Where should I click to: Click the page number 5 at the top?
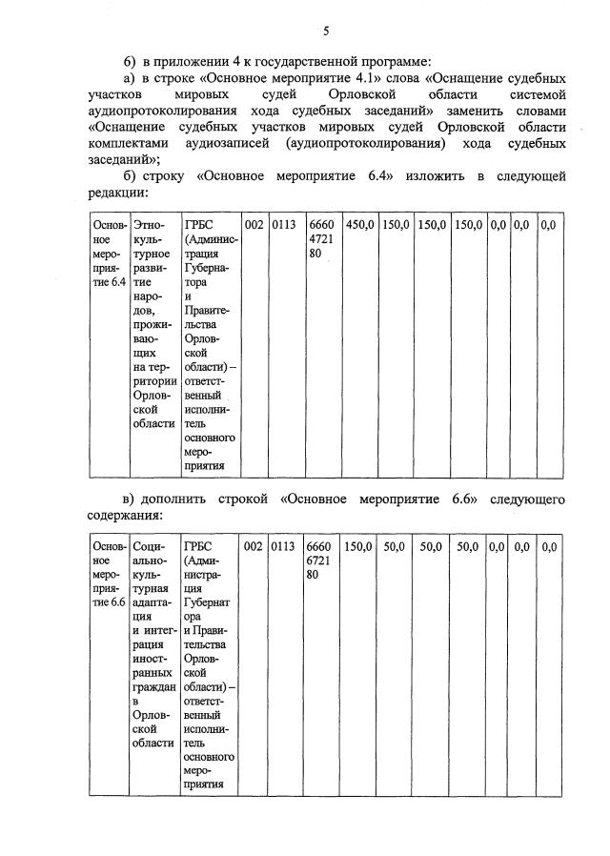pos(325,31)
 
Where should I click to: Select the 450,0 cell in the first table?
pos(359,225)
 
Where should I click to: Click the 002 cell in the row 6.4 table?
pos(254,225)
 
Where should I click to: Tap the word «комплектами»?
pos(136,143)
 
